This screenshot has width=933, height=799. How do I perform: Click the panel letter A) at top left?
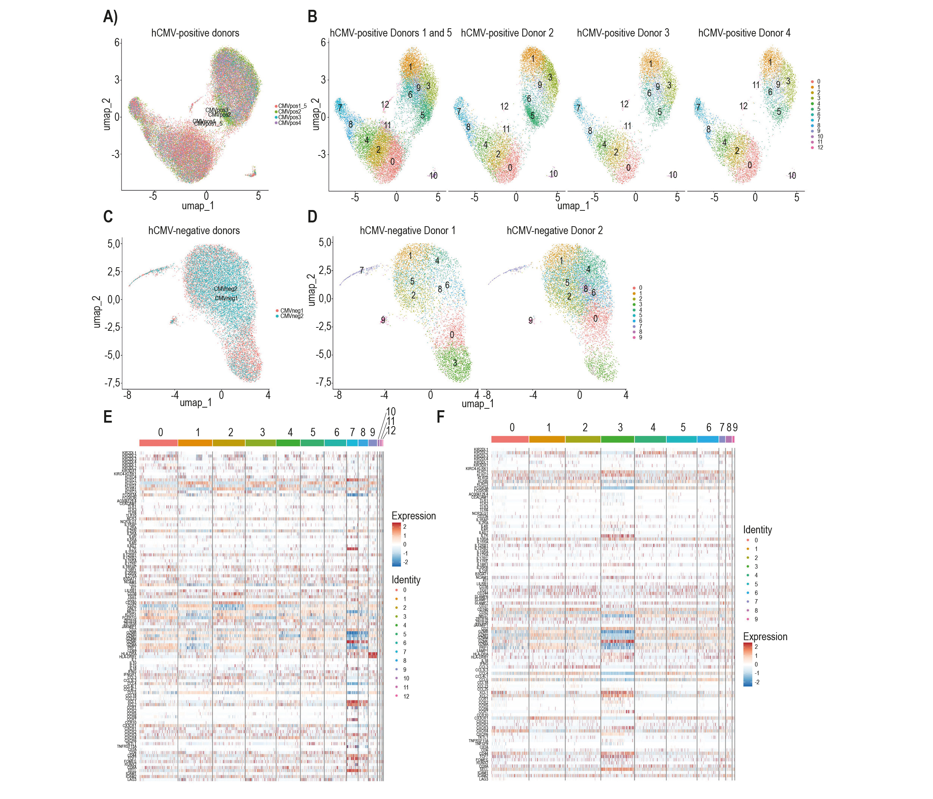coord(110,17)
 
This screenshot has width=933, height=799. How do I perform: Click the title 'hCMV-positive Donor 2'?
coord(507,33)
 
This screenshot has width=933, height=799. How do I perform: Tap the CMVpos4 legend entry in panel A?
coord(289,123)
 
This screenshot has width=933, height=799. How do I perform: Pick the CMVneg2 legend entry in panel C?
coord(291,316)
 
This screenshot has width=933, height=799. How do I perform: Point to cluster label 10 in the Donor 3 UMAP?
coord(673,175)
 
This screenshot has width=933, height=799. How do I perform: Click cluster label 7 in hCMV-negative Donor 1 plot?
coord(362,270)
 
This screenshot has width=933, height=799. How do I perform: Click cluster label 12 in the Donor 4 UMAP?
coord(743,106)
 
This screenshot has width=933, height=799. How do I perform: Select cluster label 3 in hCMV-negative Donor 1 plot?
coord(455,363)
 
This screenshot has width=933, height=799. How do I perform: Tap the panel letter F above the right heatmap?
coord(441,417)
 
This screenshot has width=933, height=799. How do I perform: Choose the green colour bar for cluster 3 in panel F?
coord(617,439)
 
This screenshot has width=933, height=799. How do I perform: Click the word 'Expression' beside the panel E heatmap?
coord(413,516)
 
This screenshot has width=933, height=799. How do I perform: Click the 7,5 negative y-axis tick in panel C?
coord(112,383)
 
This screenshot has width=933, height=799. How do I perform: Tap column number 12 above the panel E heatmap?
coord(391,431)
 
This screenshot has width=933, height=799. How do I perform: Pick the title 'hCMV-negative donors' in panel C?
coord(194,231)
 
